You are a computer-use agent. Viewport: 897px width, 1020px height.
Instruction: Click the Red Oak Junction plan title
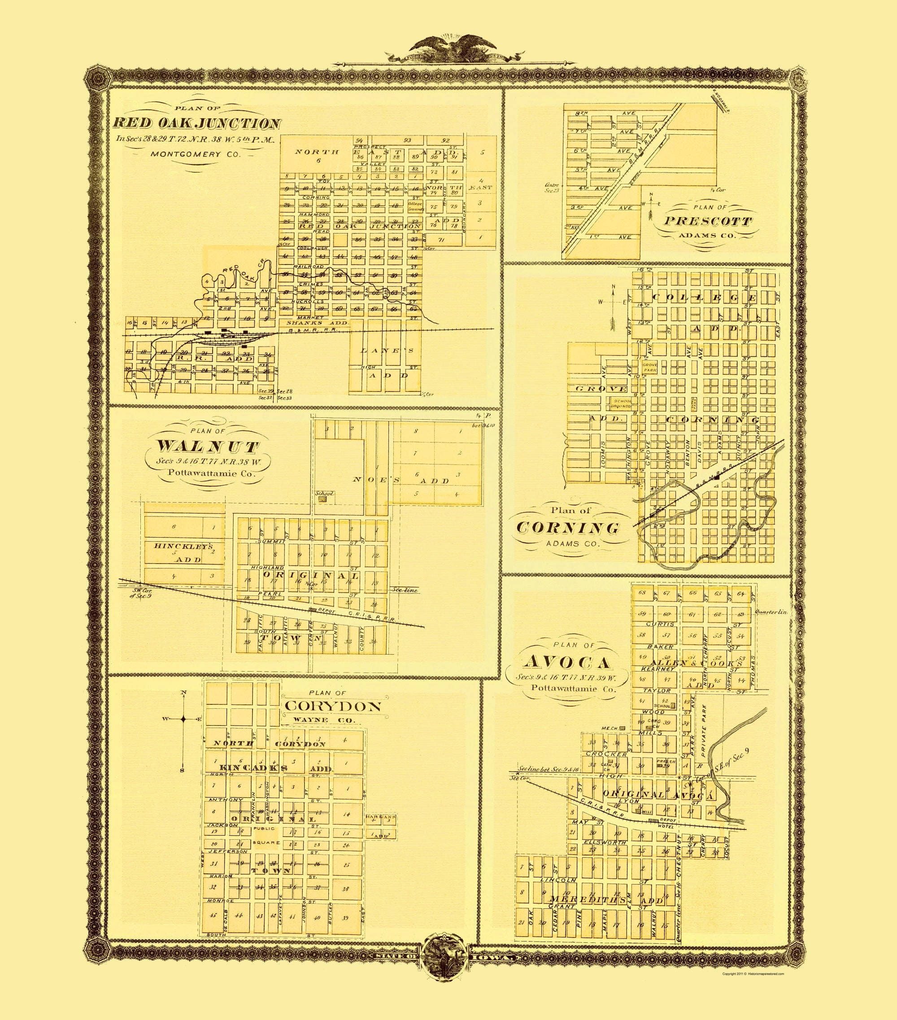click(197, 123)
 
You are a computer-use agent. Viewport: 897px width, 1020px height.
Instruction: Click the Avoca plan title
click(567, 662)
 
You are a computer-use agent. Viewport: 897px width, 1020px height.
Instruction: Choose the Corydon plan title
click(333, 706)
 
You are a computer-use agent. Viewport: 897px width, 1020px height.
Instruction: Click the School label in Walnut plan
click(324, 494)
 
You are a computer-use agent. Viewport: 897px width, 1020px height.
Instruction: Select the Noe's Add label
click(401, 480)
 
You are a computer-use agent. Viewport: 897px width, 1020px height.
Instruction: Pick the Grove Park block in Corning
click(649, 367)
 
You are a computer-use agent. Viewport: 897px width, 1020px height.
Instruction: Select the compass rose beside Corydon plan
click(183, 719)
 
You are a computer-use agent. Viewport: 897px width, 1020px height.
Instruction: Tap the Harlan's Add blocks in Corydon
click(381, 826)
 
